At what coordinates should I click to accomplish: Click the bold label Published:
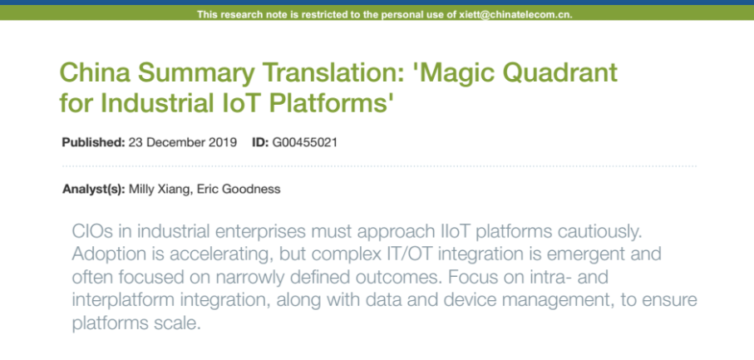pos(94,143)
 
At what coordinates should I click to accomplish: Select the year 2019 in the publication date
pos(224,143)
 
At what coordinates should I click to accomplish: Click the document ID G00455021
pos(304,143)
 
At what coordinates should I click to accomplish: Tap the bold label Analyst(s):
pos(94,189)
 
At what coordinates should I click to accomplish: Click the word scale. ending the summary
pos(176,323)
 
